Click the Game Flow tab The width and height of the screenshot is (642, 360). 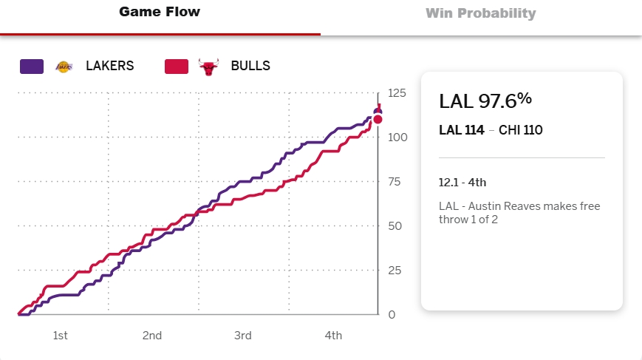160,12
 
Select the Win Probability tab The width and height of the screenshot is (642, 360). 480,13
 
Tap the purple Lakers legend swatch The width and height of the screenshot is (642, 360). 32,66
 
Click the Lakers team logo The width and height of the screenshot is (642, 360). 64,66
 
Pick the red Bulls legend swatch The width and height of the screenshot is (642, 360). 177,66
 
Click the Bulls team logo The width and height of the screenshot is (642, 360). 209,66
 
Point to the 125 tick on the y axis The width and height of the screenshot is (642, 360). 397,93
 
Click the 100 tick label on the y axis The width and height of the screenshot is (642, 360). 397,137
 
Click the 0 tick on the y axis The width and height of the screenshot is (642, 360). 392,315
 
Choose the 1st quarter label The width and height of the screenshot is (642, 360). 61,336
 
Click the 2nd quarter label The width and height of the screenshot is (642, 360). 151,336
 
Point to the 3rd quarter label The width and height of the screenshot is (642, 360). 242,336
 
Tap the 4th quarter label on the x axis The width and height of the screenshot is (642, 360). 333,336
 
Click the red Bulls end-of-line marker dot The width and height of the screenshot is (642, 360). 378,119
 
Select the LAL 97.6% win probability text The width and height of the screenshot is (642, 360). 485,101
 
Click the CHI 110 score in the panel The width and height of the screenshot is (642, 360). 521,130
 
